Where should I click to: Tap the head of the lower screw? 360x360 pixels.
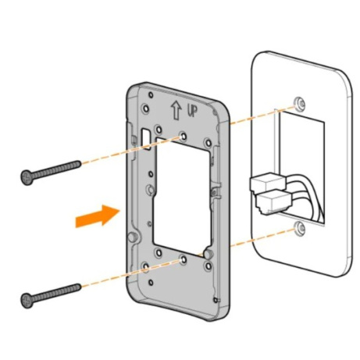click(x=27, y=298)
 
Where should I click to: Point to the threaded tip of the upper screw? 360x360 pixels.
click(x=77, y=164)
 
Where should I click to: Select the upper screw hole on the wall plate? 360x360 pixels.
click(x=299, y=105)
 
